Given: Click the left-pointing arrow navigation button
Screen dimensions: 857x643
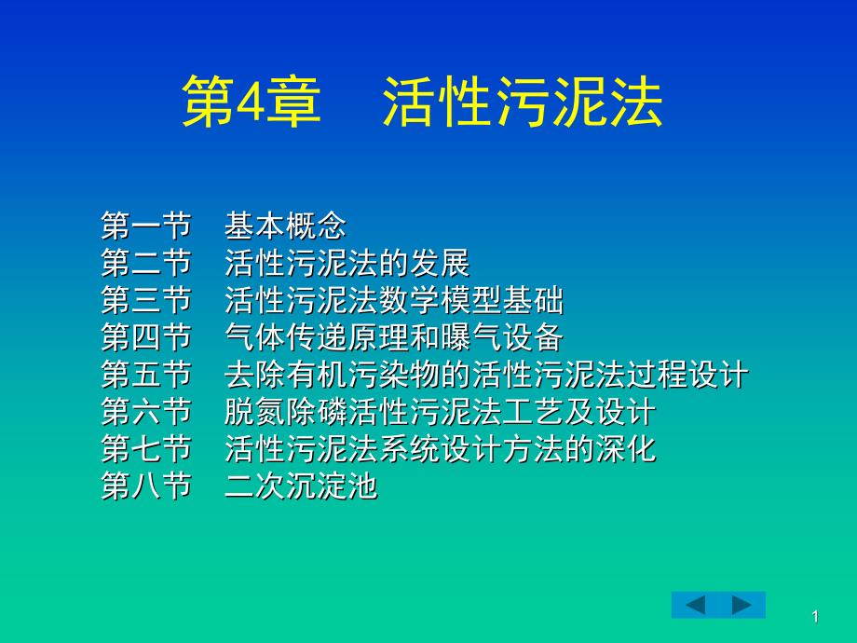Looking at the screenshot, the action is coord(695,605).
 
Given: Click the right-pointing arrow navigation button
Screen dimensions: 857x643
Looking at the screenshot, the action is coord(742,605).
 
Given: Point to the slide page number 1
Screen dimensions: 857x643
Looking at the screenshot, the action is coord(815,617).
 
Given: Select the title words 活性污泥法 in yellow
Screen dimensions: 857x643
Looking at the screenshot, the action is coord(523,102).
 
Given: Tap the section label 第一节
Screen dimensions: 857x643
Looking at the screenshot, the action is coord(146,226).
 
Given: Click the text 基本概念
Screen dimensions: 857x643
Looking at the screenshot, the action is coord(285,226).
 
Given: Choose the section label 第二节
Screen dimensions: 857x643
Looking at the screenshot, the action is coord(146,263).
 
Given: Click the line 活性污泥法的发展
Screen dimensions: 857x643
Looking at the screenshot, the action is coord(347,263).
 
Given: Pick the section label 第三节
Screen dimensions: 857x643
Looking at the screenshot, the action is coord(146,300).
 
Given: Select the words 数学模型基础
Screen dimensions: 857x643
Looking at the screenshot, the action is coord(471,300).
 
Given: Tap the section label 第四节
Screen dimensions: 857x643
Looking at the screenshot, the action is coord(146,336).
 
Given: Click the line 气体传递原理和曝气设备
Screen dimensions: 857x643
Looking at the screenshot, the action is coord(393,336).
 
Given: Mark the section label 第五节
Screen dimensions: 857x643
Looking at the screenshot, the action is coord(146,374).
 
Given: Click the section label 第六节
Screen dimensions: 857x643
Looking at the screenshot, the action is coord(146,411).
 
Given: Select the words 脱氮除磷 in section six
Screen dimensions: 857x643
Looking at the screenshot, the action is coord(285,411).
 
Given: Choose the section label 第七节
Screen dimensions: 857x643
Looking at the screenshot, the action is coord(146,448).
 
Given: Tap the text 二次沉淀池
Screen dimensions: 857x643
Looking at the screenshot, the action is coord(301,486).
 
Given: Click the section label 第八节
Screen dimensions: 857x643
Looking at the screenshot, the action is coord(146,486).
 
